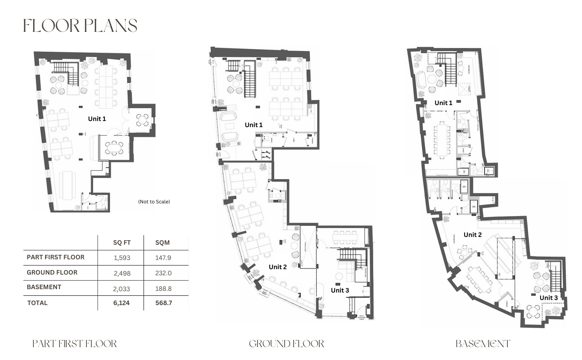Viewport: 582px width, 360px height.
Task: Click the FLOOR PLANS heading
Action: tap(80, 26)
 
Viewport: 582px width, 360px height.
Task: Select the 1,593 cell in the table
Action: tap(122, 258)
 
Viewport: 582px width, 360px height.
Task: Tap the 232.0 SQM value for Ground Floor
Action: tap(163, 273)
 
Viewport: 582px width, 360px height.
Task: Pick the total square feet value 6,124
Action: tap(121, 303)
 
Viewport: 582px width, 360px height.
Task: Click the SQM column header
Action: tap(162, 243)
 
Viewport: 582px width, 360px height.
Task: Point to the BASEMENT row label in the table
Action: tap(44, 287)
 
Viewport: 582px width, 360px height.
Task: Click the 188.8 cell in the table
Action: tap(163, 288)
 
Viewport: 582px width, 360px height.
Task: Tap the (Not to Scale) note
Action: tap(154, 202)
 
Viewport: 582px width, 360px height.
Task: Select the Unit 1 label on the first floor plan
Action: tap(97, 119)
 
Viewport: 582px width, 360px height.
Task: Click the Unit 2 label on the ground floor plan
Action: tap(277, 267)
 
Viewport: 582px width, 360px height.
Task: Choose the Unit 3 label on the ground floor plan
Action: tap(340, 290)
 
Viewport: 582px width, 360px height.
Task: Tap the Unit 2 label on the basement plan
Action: tap(472, 235)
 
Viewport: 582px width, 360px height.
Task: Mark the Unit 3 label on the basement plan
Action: tap(548, 298)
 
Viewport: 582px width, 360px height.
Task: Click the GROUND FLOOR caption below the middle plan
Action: tap(286, 344)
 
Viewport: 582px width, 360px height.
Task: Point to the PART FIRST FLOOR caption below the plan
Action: tap(75, 344)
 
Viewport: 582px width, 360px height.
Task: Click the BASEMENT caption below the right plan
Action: tap(483, 344)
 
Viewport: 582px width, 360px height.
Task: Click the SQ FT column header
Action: tap(122, 243)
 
